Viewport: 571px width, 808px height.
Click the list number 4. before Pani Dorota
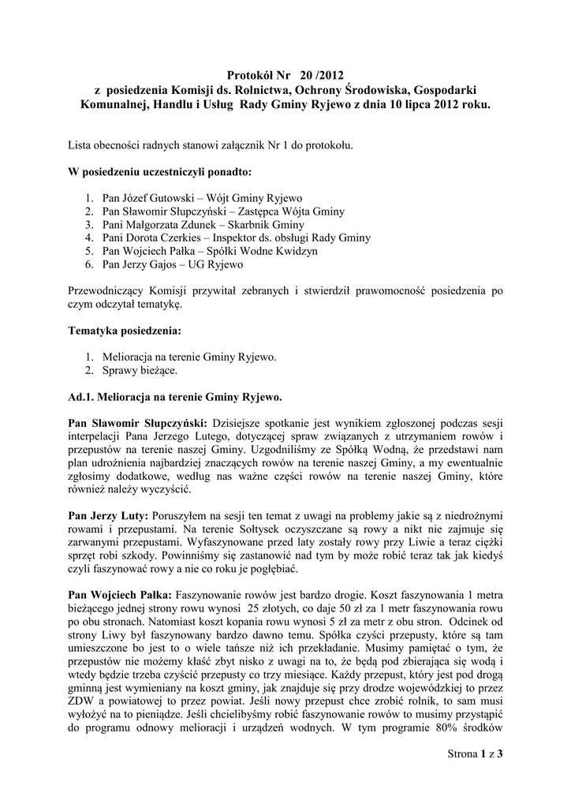tap(88, 238)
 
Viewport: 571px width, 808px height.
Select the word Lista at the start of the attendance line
tap(81, 144)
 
